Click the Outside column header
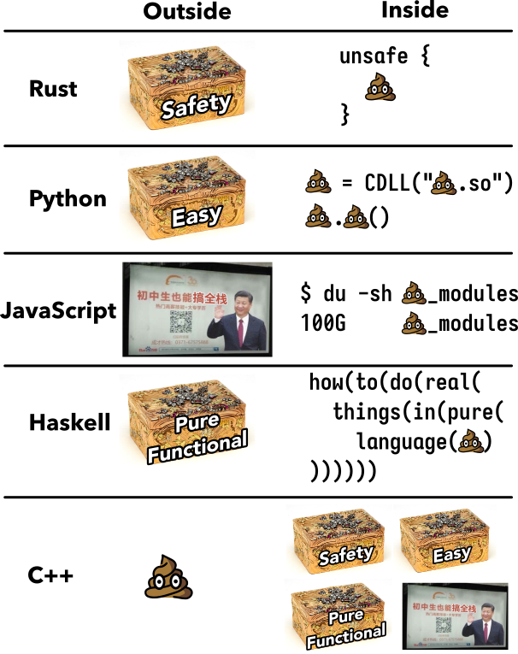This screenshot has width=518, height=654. click(x=186, y=12)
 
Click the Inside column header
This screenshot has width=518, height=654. click(x=415, y=11)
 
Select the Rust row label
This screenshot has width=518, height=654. click(x=53, y=89)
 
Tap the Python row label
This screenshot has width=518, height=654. click(x=68, y=199)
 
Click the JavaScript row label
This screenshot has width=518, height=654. click(x=59, y=309)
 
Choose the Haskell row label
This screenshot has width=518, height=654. click(x=69, y=422)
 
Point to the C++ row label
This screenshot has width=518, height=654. click(x=50, y=575)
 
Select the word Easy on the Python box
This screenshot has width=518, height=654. click(x=196, y=216)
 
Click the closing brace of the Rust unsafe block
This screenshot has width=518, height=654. click(x=345, y=114)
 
